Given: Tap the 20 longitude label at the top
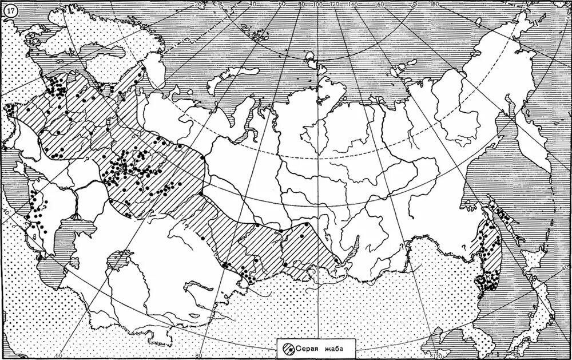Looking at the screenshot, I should pos(198,5).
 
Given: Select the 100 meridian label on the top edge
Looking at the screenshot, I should pos(316,5).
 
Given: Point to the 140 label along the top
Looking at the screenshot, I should pos(353,5).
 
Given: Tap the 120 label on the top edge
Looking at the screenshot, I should pos(334,5).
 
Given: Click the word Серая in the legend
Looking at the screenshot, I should pos(309,347).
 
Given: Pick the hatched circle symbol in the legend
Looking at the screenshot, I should pos(289,347).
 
